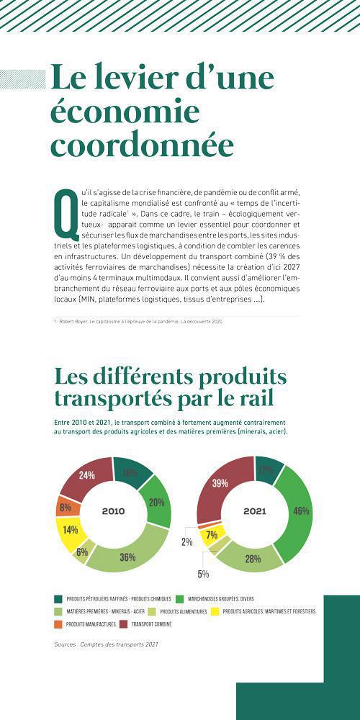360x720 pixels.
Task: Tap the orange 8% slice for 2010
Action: (65, 508)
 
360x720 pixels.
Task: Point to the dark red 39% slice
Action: (221, 484)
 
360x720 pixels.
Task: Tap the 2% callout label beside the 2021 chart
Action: (186, 541)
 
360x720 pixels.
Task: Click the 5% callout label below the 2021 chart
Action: (203, 574)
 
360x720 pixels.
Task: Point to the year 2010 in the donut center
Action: (113, 511)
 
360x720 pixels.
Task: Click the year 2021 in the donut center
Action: (254, 511)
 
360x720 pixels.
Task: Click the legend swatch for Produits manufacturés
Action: (58, 624)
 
